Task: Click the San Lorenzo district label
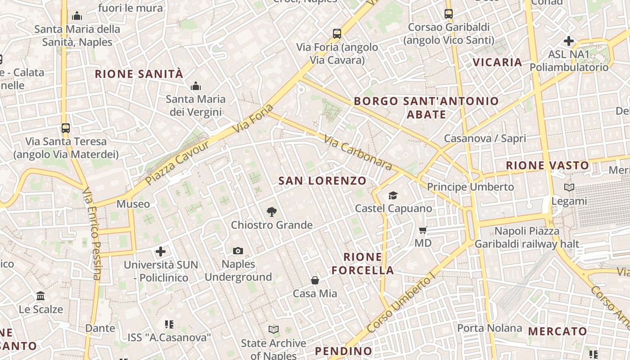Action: [322, 181]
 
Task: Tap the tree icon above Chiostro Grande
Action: [271, 211]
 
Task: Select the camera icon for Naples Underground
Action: [238, 251]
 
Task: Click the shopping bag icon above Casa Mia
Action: [315, 280]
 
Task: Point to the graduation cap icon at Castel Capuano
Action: [393, 195]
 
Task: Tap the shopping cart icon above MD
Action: [423, 230]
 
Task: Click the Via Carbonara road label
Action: [357, 153]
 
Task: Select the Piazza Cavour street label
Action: [178, 162]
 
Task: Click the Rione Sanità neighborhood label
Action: [139, 74]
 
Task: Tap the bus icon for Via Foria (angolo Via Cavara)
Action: [337, 33]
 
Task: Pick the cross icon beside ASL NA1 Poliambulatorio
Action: [569, 41]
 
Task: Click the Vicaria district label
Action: [497, 62]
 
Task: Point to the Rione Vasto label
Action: [547, 165]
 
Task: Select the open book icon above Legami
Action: [569, 187]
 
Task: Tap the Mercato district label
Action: [558, 332]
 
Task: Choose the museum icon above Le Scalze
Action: [40, 296]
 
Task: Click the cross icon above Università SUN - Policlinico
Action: [161, 251]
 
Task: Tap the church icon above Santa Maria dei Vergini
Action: [196, 85]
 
